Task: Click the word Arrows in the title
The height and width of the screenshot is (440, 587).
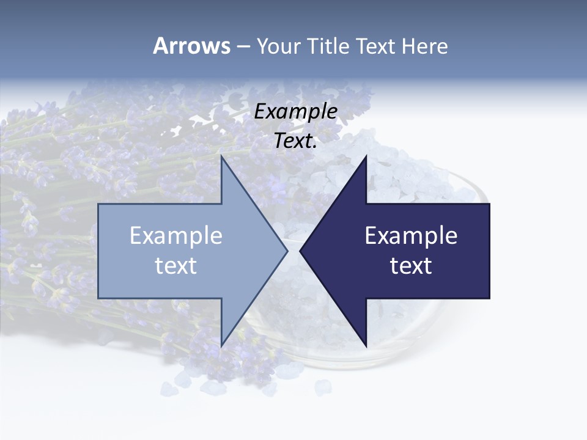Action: [191, 46]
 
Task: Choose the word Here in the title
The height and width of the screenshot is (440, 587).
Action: [425, 46]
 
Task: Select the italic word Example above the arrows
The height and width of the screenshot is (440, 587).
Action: [296, 111]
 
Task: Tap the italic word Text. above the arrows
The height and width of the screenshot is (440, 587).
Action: [294, 141]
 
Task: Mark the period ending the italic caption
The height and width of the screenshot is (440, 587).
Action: [315, 147]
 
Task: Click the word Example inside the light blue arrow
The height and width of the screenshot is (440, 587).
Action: [176, 236]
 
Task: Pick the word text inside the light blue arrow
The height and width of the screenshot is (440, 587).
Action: [176, 266]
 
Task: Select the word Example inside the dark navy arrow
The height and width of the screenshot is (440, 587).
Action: [411, 236]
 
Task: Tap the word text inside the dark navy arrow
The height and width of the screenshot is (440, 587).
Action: [411, 266]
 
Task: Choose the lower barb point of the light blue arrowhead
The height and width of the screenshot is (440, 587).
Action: [221, 345]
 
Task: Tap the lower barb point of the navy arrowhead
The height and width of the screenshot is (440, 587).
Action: [366, 345]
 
